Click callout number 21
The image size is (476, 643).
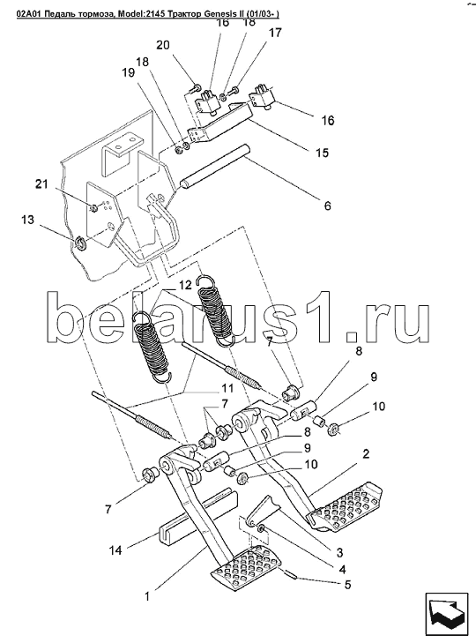coord(41,184)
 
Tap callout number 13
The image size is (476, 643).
coord(27,221)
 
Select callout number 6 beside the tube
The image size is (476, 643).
coord(327,206)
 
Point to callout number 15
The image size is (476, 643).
coord(323,153)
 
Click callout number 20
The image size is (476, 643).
coord(163,45)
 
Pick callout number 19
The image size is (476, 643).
coord(128,73)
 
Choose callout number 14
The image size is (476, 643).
coord(115,550)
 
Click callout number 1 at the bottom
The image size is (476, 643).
coord(147,596)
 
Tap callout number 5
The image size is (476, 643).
coord(347,585)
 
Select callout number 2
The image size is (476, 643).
coord(365,454)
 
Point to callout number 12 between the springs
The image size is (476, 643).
coord(185,285)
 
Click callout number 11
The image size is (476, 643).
coord(227,388)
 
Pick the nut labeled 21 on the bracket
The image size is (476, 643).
coord(94,208)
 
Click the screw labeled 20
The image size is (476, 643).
coord(196,88)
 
